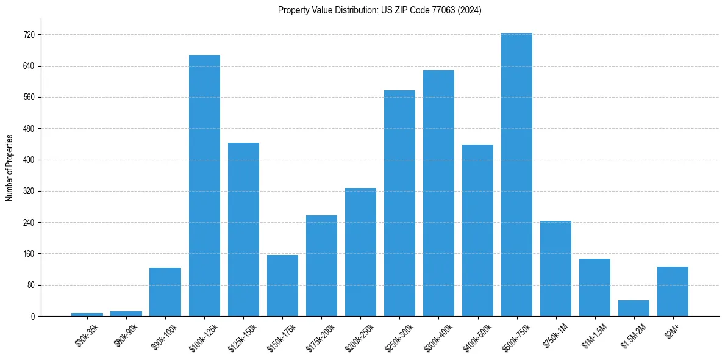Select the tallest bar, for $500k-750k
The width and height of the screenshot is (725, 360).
click(x=516, y=175)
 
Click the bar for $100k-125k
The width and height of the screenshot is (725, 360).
click(x=204, y=185)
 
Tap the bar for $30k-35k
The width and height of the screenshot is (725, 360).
click(x=87, y=314)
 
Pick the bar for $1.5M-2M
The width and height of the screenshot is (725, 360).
click(x=634, y=308)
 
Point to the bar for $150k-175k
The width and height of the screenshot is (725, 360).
click(x=282, y=286)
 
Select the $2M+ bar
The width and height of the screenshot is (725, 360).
click(x=673, y=292)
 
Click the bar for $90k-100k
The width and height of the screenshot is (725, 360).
click(x=165, y=292)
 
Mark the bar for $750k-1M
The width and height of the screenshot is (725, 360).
click(x=555, y=268)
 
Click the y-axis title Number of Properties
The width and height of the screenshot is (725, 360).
click(x=10, y=168)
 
